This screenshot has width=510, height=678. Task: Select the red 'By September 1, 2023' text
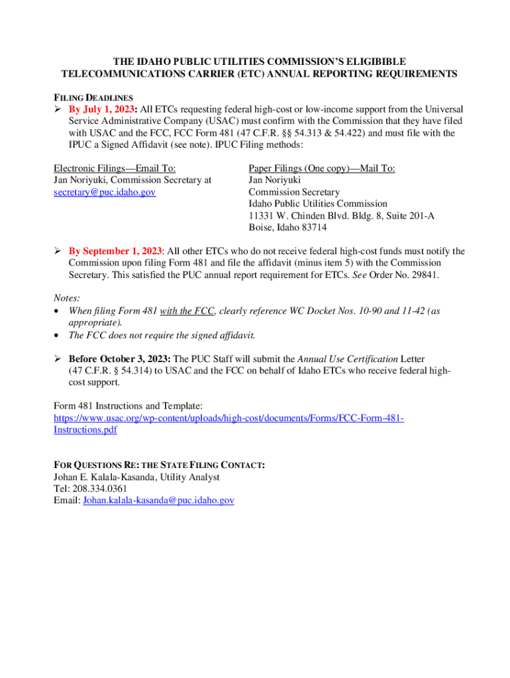(115, 252)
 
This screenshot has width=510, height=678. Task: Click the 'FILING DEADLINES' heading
(93, 97)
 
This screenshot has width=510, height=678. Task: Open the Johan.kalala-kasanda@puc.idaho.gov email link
(159, 501)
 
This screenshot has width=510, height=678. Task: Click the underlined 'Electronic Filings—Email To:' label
(114, 168)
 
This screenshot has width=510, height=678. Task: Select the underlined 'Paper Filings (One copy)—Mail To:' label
(322, 168)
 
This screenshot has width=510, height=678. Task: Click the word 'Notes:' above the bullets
(66, 299)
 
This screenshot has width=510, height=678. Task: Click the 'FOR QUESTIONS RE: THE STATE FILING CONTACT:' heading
(159, 465)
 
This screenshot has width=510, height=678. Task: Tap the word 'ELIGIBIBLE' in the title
(368, 62)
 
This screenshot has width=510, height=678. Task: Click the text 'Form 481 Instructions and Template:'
(128, 406)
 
